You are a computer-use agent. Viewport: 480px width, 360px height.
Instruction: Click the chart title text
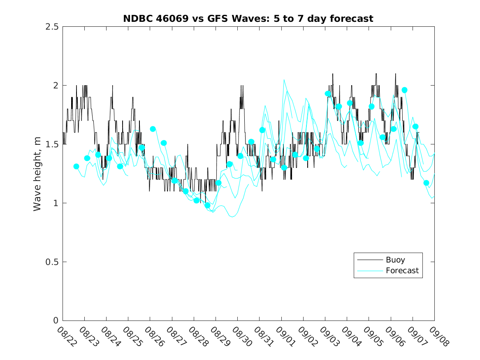[x=248, y=19]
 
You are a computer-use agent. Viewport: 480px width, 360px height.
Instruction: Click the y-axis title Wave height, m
[x=37, y=173]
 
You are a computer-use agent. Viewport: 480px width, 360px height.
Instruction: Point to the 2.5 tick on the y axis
[x=51, y=27]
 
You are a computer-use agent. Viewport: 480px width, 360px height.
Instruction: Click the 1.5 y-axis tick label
[x=51, y=144]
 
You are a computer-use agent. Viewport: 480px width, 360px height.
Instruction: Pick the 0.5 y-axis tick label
[x=51, y=262]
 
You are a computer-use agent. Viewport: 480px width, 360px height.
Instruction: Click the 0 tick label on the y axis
[x=55, y=321]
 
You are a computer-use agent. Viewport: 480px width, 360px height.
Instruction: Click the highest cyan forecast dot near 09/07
[x=404, y=90]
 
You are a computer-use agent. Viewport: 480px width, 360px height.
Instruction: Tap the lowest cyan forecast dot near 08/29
[x=207, y=205]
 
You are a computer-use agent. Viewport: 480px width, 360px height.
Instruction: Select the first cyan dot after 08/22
[x=76, y=167]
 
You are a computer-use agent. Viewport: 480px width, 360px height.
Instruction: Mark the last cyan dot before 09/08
[x=426, y=183]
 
